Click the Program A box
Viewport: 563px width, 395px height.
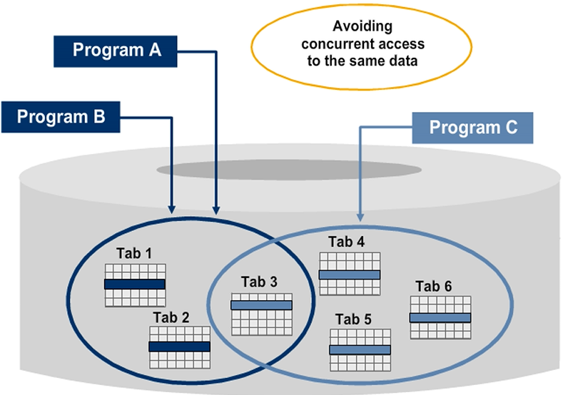coord(116,51)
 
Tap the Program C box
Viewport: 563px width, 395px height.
coord(473,129)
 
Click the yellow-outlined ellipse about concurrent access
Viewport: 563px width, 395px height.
coord(363,44)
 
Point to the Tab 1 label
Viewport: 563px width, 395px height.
coord(134,253)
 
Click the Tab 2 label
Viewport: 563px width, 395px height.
coord(171,317)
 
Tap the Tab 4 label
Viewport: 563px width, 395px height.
coord(347,241)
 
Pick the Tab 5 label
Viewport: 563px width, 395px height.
coord(354,319)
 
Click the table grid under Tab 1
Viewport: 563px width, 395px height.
coord(135,284)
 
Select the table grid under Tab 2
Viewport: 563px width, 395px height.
coord(179,347)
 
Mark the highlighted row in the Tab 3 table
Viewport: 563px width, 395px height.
coord(261,305)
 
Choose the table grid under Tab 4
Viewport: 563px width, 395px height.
coord(349,273)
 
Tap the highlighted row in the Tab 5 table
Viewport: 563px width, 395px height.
coord(360,350)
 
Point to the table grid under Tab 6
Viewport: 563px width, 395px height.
coord(440,317)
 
